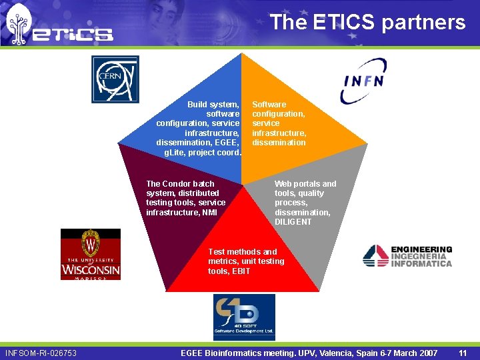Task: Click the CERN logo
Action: (115, 79)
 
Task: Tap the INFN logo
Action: (364, 81)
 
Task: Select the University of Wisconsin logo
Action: (91, 254)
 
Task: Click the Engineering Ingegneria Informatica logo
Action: (407, 256)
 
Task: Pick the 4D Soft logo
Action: (244, 317)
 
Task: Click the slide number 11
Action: (463, 353)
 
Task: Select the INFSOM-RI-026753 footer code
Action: (41, 353)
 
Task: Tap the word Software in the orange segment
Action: (269, 105)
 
